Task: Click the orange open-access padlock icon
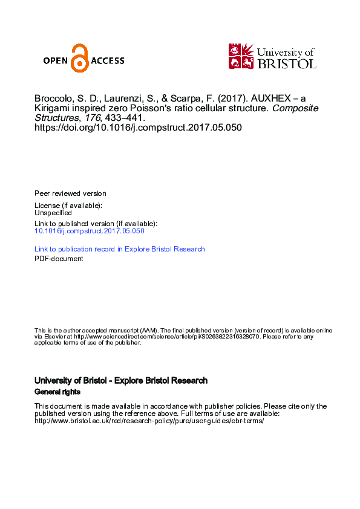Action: point(79,59)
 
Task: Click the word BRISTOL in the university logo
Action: point(287,63)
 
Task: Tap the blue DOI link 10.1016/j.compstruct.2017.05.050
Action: point(90,231)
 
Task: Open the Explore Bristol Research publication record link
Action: point(120,249)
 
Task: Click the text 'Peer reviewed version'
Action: point(70,193)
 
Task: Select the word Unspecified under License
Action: point(53,213)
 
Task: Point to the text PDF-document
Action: point(59,259)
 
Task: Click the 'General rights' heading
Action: point(57,392)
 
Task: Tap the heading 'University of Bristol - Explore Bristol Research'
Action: point(121,381)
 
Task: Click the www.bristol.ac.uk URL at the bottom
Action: point(149,421)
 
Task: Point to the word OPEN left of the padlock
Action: point(56,60)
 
